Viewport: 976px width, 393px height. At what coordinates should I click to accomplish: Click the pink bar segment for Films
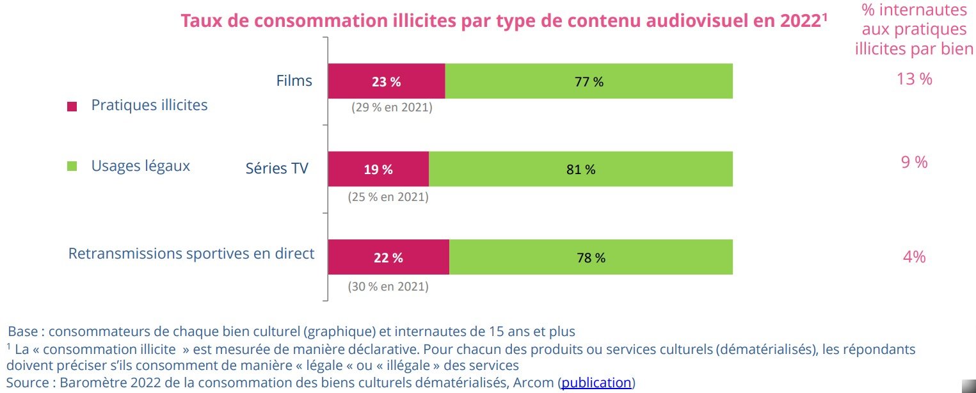click(386, 81)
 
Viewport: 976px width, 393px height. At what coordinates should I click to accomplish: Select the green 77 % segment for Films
click(589, 81)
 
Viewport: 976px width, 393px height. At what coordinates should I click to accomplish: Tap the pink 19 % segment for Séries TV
click(378, 169)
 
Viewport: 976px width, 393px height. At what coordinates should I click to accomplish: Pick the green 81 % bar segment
click(580, 169)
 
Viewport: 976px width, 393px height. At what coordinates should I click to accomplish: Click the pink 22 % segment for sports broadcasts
click(388, 257)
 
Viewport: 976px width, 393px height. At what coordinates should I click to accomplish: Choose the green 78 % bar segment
click(591, 257)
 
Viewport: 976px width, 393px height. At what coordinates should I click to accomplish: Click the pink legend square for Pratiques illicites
click(72, 107)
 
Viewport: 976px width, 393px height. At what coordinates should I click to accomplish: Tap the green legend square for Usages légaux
click(72, 166)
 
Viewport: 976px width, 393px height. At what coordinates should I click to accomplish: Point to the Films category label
click(294, 81)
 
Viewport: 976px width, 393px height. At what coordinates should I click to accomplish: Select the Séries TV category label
click(277, 168)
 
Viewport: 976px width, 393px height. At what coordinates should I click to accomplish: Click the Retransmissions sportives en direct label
click(191, 253)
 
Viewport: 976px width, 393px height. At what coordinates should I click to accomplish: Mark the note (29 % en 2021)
click(392, 108)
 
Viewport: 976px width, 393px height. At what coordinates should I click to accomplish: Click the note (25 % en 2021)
click(388, 197)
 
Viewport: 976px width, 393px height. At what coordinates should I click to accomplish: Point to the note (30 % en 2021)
click(388, 287)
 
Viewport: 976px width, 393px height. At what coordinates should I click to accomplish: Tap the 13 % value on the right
click(914, 79)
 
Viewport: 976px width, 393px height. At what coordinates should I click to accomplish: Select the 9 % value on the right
click(914, 163)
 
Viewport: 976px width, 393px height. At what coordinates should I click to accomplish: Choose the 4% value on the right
click(914, 257)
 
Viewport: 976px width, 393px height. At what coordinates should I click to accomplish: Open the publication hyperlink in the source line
click(596, 383)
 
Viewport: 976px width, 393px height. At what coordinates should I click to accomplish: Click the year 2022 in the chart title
click(800, 20)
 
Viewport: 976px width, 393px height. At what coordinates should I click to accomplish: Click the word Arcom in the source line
click(536, 383)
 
